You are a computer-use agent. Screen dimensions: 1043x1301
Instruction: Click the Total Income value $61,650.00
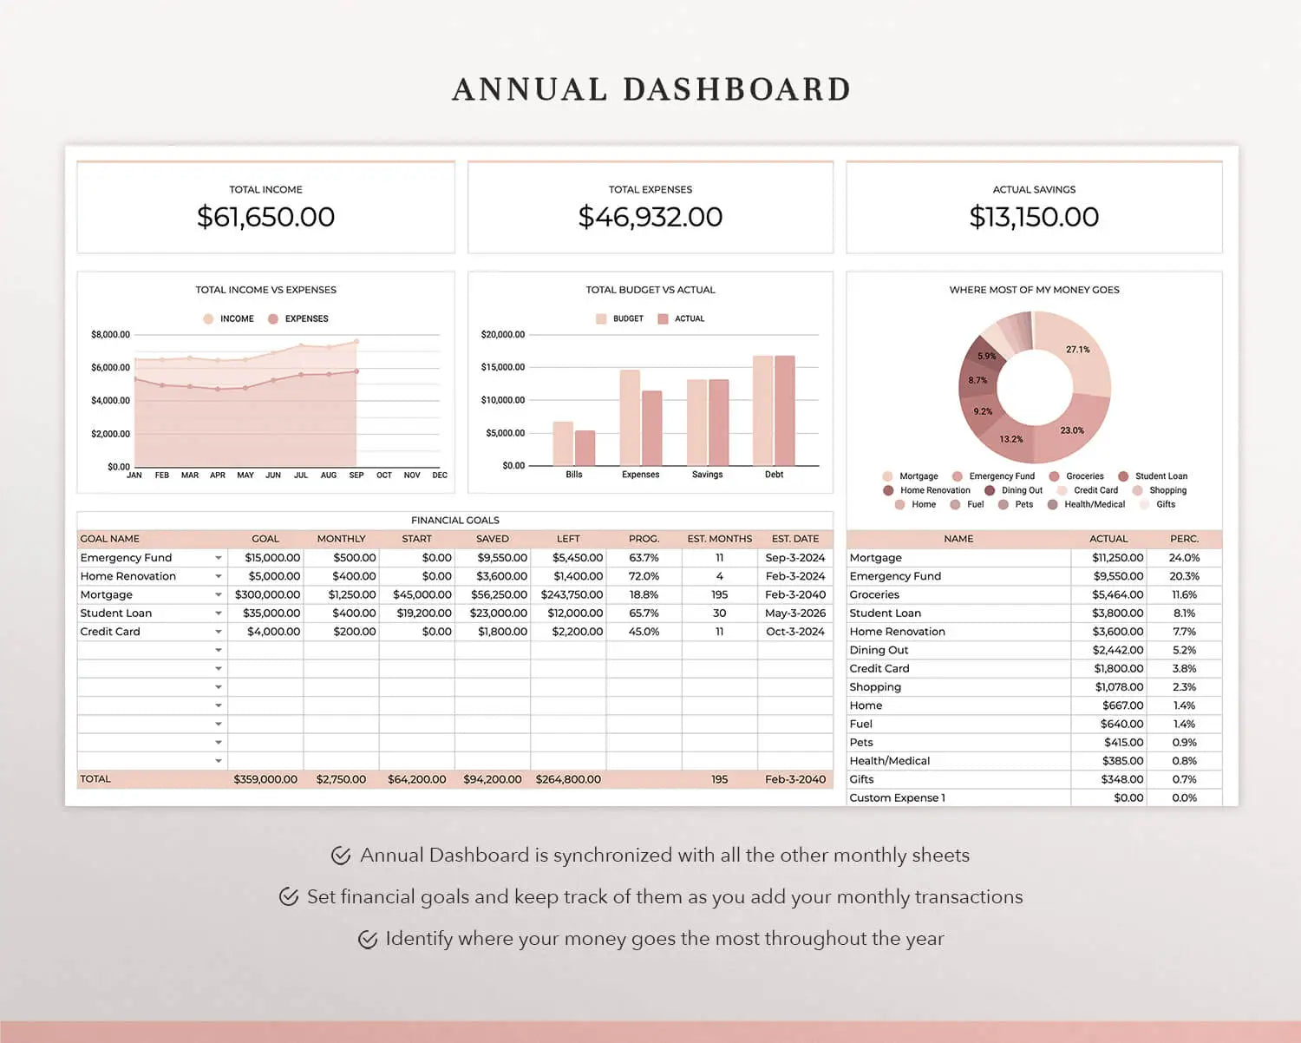[x=265, y=217]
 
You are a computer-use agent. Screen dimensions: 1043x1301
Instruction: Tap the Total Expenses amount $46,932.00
[x=650, y=217]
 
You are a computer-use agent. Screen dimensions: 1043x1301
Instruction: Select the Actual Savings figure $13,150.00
[x=1034, y=217]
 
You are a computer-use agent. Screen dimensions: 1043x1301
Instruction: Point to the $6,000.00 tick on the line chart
[x=110, y=368]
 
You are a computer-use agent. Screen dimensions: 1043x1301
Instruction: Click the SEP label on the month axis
[x=356, y=476]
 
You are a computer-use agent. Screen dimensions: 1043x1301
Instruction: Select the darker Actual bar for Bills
[x=585, y=448]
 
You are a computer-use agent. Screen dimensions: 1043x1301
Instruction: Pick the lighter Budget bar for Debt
[x=762, y=410]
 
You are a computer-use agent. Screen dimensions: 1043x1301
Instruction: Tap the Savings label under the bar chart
[x=707, y=475]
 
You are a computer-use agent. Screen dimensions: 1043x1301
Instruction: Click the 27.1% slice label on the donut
[x=1077, y=350]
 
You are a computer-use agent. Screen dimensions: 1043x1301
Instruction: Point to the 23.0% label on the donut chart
[x=1072, y=430]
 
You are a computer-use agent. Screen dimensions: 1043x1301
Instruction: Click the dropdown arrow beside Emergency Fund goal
[x=219, y=558]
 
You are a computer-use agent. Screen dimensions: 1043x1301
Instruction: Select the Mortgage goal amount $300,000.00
[x=267, y=595]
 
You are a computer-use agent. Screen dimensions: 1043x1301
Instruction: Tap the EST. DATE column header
[x=794, y=539]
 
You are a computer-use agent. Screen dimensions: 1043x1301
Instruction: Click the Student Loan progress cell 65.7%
[x=644, y=613]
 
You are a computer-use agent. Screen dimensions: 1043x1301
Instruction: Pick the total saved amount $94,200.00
[x=492, y=779]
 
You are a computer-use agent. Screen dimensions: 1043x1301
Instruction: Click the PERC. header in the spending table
[x=1184, y=539]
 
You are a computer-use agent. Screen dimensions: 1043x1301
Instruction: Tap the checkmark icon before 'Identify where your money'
[x=368, y=939]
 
